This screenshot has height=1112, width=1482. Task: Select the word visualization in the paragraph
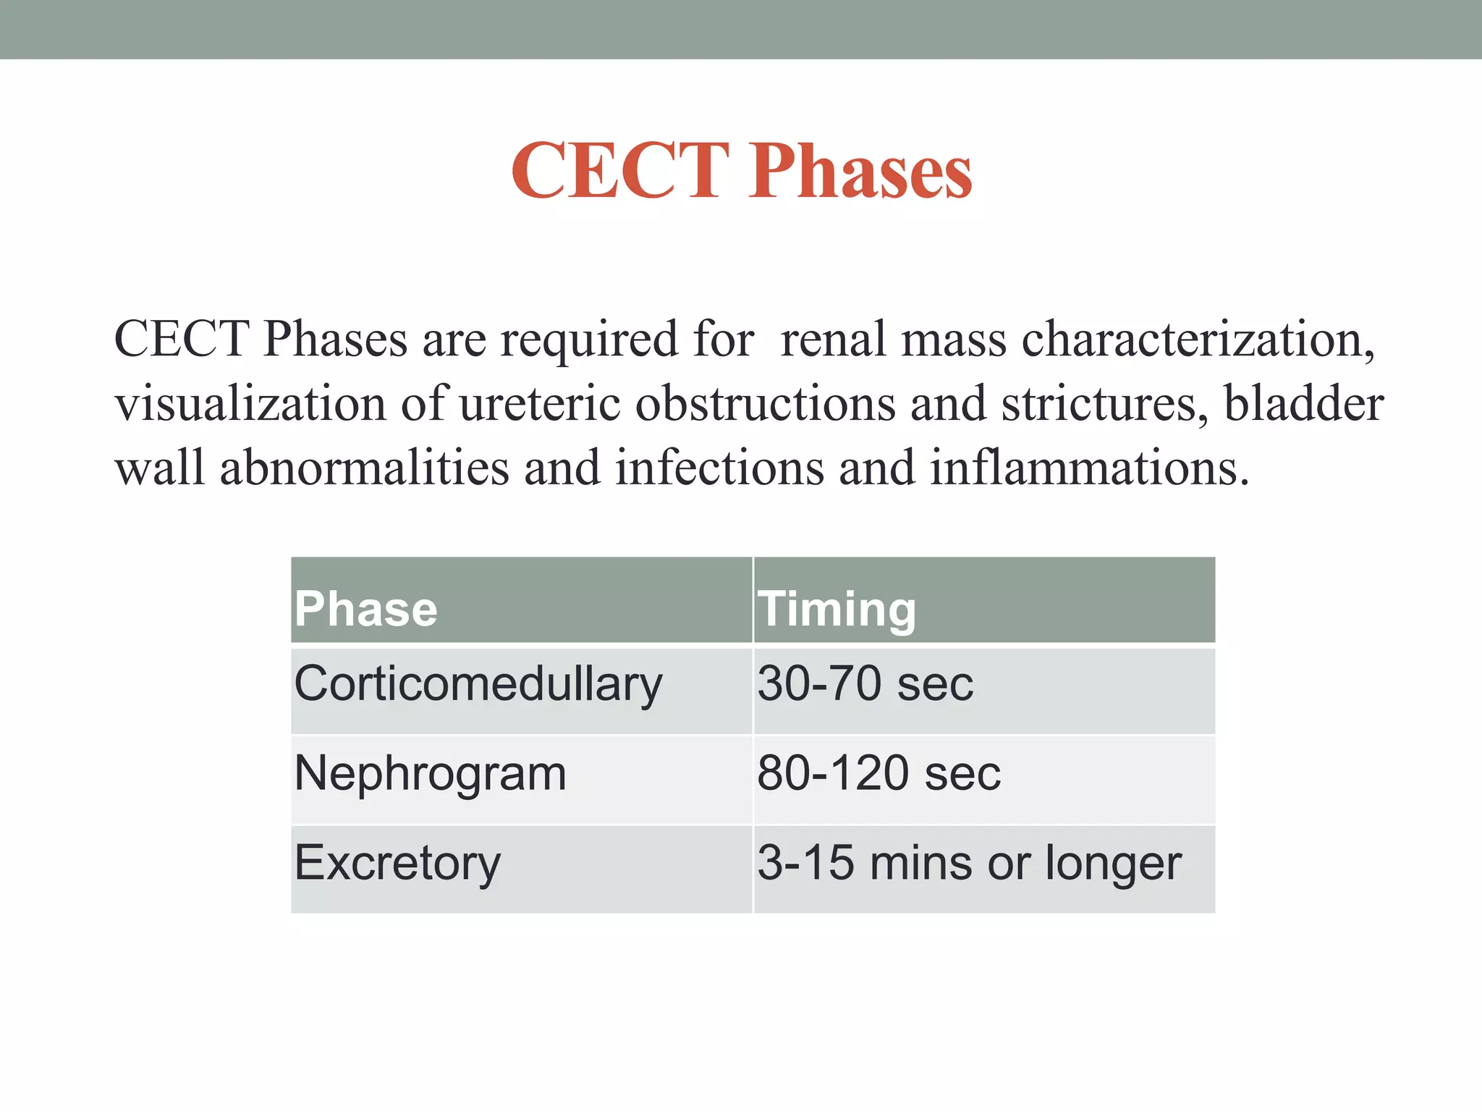(x=250, y=403)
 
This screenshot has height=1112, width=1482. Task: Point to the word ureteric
(x=540, y=403)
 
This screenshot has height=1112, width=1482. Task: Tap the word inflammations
(x=1089, y=468)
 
